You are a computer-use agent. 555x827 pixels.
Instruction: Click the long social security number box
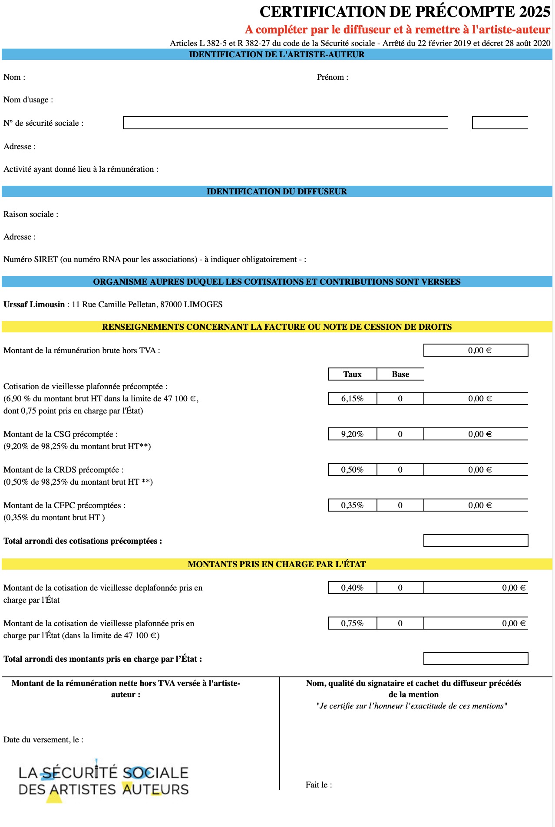tap(285, 123)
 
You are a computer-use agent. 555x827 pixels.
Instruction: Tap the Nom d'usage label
tap(28, 100)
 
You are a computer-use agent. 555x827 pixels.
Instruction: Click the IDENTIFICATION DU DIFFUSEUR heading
tap(277, 191)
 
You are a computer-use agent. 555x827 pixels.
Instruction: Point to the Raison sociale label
tap(30, 214)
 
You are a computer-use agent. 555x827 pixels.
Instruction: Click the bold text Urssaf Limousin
tap(34, 305)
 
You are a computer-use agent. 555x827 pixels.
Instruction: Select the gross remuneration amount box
tap(476, 350)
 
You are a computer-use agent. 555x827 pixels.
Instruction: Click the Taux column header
tap(352, 374)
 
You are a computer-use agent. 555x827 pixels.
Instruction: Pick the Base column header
tap(400, 374)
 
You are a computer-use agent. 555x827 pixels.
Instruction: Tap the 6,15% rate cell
tap(352, 398)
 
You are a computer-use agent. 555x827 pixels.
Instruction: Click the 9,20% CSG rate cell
tap(352, 434)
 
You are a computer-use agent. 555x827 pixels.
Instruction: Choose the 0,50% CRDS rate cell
tap(352, 469)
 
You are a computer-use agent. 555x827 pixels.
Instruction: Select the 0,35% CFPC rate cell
tap(352, 505)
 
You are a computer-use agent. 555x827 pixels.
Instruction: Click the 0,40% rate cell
tap(352, 587)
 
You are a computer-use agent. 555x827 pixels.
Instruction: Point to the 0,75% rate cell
tap(352, 623)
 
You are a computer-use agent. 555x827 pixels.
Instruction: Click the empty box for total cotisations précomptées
tap(476, 541)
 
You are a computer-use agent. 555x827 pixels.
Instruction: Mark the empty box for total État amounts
tap(476, 659)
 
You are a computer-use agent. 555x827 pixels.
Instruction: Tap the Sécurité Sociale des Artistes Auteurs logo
tap(103, 781)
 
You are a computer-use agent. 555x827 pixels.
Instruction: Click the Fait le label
tap(319, 785)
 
